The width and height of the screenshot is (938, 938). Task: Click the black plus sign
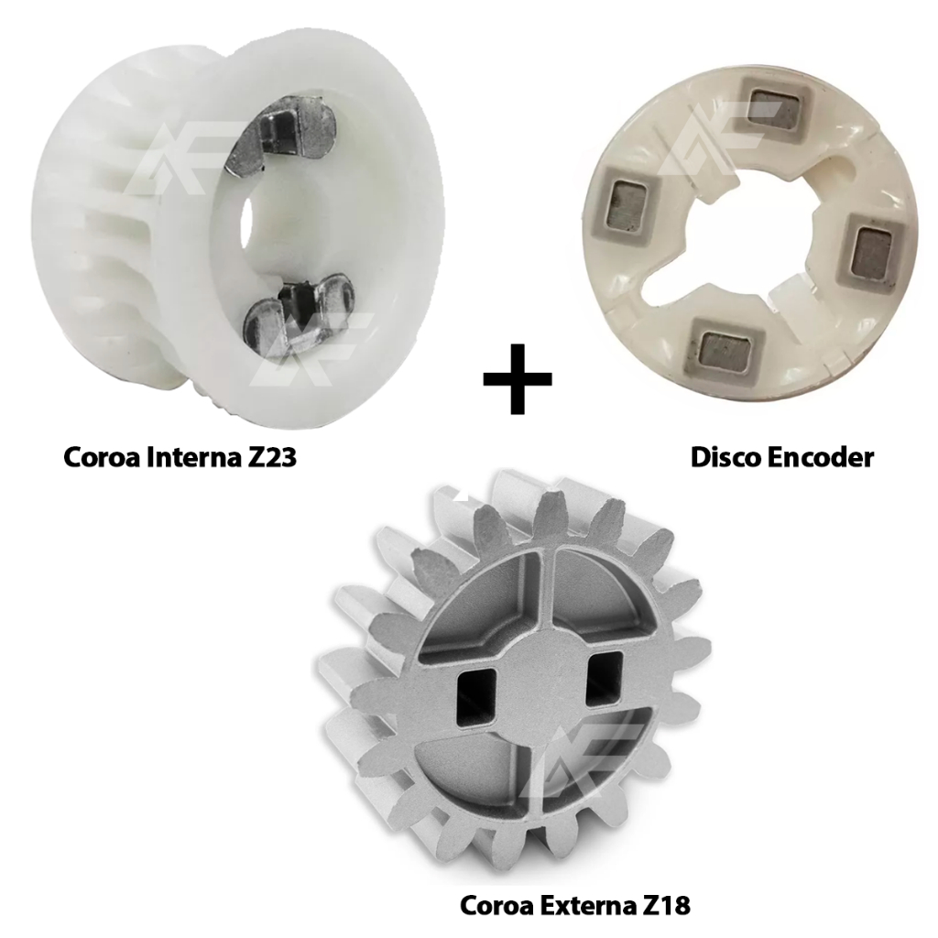(518, 378)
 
